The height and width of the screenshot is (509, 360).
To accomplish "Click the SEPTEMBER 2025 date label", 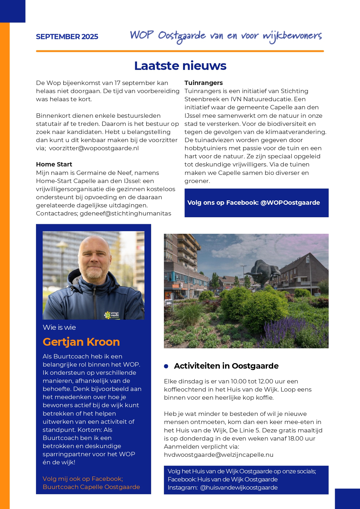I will tap(67, 37).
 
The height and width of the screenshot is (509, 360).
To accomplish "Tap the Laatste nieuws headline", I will tap(180, 66).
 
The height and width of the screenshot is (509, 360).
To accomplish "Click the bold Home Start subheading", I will tap(54, 164).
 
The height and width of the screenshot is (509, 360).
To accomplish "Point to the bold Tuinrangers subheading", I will tap(204, 83).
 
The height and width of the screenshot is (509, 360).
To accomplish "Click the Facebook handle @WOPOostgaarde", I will tap(290, 203).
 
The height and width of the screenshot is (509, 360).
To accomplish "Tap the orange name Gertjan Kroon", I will tap(81, 342).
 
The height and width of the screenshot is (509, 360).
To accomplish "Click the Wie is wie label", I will tap(59, 327).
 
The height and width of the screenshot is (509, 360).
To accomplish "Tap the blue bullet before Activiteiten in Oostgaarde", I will tap(166, 366).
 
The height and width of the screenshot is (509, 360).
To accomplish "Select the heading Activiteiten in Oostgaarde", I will tap(226, 366).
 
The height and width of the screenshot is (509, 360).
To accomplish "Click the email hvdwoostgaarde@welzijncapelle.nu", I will tap(218, 455).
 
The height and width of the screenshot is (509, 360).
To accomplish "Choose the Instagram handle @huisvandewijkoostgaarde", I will tap(239, 488).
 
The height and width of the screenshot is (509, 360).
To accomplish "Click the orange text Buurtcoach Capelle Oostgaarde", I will tap(91, 487).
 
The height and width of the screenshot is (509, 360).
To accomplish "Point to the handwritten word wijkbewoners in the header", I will tap(292, 36).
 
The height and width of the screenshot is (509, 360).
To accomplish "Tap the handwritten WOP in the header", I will tap(142, 35).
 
